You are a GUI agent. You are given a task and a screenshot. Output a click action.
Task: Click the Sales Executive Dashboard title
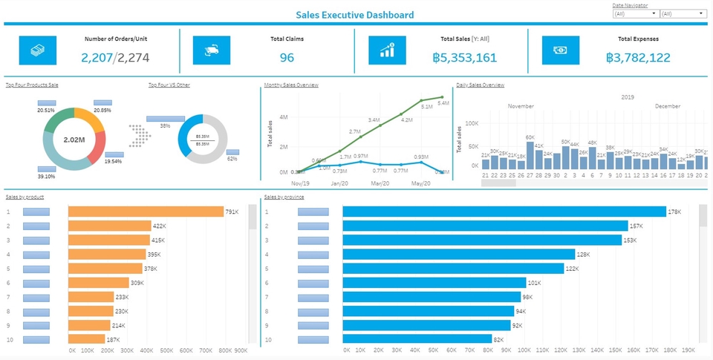tap(355, 14)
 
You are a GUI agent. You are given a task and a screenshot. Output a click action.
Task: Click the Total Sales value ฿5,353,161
tap(464, 58)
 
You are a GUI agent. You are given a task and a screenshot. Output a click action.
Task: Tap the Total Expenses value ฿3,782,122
tap(637, 58)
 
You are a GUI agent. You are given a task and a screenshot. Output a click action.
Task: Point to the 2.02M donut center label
tap(74, 140)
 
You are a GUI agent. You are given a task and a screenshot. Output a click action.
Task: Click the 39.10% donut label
tap(46, 177)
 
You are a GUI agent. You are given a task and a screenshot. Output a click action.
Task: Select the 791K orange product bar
tap(146, 212)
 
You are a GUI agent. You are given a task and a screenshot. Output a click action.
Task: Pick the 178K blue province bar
tap(504, 212)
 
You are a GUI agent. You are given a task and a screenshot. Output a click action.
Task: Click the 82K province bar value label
tap(498, 339)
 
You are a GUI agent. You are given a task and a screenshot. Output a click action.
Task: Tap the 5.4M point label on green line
tap(443, 103)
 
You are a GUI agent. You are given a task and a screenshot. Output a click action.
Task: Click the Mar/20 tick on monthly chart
tap(380, 183)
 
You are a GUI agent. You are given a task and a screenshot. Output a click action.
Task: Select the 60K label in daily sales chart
tap(530, 137)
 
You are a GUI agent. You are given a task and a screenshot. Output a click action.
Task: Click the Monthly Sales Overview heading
tap(292, 85)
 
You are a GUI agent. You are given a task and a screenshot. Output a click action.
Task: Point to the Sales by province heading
tap(284, 197)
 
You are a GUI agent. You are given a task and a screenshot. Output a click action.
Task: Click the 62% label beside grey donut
tap(232, 159)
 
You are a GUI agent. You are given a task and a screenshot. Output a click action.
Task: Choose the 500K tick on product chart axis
tap(167, 350)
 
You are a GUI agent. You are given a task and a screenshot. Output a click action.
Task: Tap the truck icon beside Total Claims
tap(211, 50)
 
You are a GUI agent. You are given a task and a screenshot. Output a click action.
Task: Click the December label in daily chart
tap(667, 106)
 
